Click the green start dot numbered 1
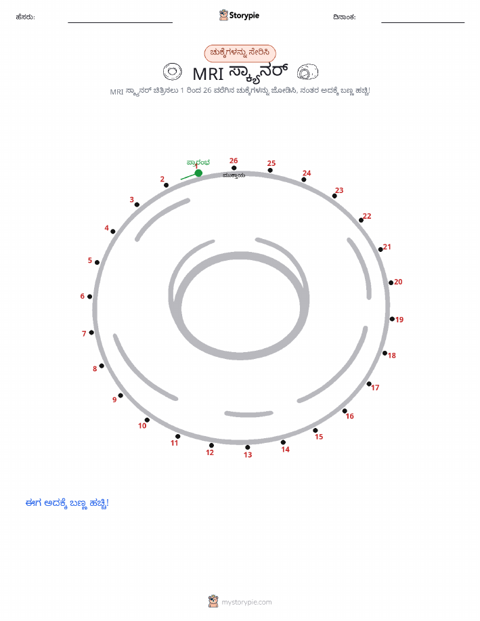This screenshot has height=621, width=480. (x=198, y=173)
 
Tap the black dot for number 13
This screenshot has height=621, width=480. (x=248, y=448)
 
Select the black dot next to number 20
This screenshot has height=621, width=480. (x=391, y=283)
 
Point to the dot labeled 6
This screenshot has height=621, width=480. (x=90, y=297)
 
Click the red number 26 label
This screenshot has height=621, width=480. (x=234, y=160)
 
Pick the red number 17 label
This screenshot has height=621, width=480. (x=375, y=388)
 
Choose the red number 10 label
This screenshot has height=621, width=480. (x=142, y=426)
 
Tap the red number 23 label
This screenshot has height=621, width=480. (x=339, y=190)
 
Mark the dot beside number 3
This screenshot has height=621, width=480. (x=137, y=205)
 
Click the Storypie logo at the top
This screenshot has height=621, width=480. (x=239, y=16)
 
